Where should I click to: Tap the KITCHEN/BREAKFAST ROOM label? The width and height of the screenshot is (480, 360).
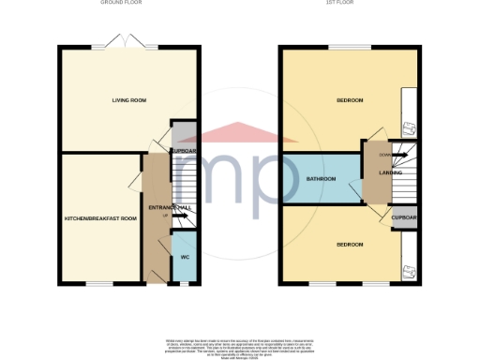pyautogui.click(x=100, y=218)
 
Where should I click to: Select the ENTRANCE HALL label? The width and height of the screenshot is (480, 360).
pyautogui.click(x=169, y=207)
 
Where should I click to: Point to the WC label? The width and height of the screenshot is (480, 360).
pyautogui.click(x=185, y=256)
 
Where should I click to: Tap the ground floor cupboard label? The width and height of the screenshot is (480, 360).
pyautogui.click(x=184, y=151)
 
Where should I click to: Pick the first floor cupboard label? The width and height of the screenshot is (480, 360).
pyautogui.click(x=405, y=217)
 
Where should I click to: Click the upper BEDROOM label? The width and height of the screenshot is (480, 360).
pyautogui.click(x=350, y=99)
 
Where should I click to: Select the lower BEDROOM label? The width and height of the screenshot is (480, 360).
pyautogui.click(x=350, y=244)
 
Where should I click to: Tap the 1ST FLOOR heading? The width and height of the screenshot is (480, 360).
pyautogui.click(x=349, y=3)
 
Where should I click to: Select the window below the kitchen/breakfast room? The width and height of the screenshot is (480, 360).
pyautogui.click(x=100, y=284)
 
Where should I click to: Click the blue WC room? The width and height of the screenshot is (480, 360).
pyautogui.click(x=185, y=262)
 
